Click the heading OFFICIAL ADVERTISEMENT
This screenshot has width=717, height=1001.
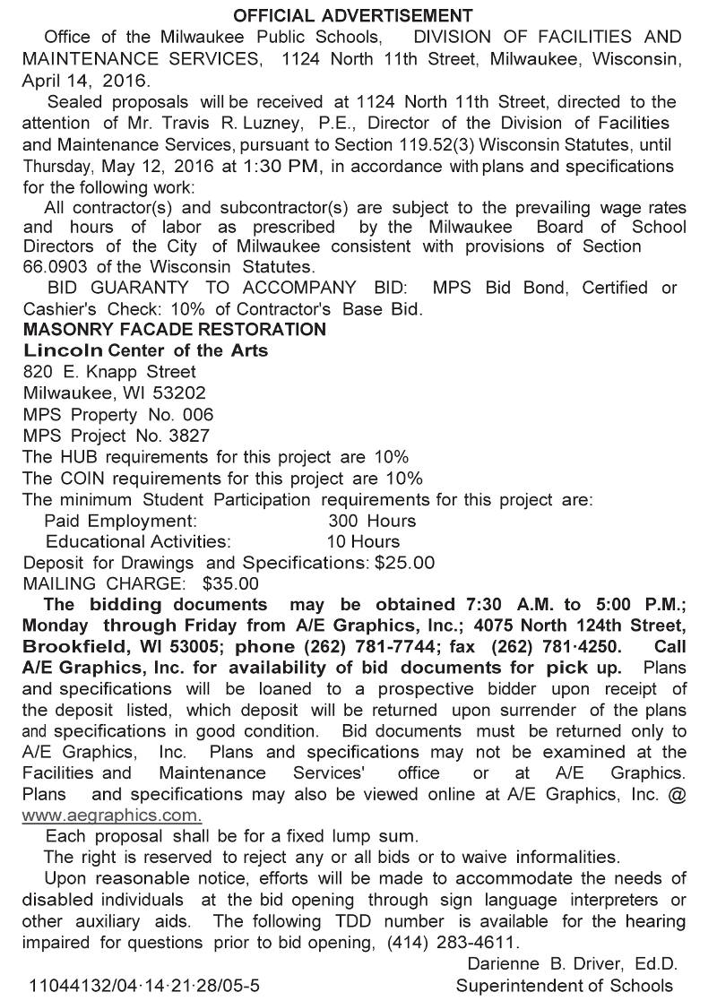pos(352,15)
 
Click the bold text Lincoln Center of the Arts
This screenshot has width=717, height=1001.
pos(145,350)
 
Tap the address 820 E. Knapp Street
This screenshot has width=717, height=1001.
pos(109,371)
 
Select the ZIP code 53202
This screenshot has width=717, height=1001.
pos(179,393)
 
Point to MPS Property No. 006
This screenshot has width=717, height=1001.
pos(118,414)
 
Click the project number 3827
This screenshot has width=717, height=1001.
pos(189,436)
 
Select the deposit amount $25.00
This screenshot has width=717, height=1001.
pos(404,564)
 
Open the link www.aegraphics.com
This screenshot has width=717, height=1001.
pos(111,815)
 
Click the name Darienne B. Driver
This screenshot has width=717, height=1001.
pos(546,964)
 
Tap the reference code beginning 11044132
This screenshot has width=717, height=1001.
pos(144,986)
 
